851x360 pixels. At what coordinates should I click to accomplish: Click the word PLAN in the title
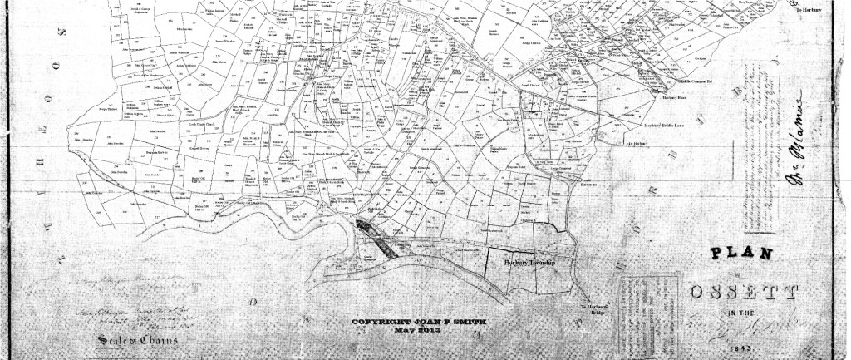pos(742,254)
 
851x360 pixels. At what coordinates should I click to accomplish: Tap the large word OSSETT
pos(744,292)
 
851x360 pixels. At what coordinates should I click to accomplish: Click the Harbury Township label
pos(529,262)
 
